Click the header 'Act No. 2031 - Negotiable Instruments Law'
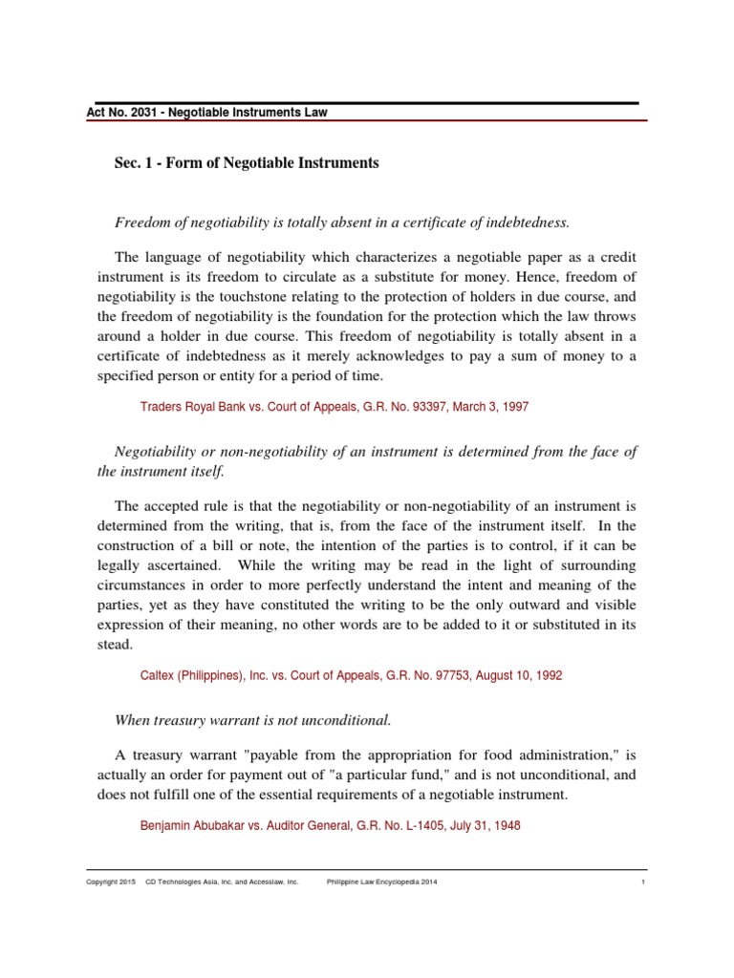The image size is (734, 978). click(207, 113)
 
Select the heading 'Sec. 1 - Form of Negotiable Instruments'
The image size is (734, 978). click(247, 163)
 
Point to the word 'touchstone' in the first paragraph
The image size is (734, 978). click(247, 296)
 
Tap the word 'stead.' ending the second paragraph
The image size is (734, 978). click(116, 644)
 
